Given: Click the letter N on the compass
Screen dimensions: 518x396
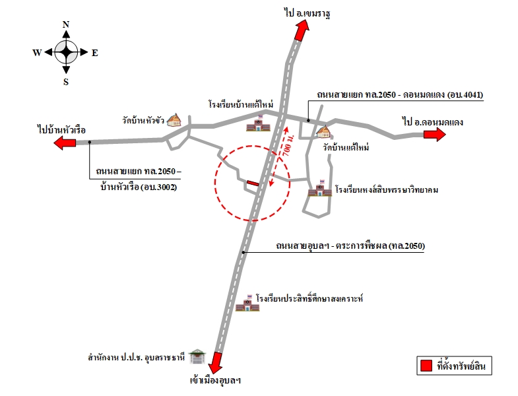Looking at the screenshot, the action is pos(66,24).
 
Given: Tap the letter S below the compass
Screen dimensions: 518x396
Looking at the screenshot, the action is pos(66,82).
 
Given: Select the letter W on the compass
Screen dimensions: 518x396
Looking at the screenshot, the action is pos(37,53).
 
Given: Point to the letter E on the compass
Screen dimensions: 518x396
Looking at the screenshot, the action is pos(95,53).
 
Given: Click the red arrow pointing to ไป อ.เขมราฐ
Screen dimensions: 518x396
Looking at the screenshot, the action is pos(302,30).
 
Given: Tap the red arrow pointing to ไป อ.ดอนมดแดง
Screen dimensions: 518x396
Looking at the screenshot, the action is pos(435,134).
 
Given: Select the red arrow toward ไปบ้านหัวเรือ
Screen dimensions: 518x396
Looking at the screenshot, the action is pos(65,143).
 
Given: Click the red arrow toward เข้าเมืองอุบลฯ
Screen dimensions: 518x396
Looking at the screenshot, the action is pos(215,362).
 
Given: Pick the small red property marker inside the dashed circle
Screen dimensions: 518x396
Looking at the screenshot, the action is pos(253,183).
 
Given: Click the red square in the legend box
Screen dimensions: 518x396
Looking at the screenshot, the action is pos(426,366).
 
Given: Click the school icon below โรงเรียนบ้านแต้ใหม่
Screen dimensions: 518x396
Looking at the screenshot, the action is pos(258,123).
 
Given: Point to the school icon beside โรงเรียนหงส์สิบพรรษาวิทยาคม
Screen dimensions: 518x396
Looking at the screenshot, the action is pos(320,188).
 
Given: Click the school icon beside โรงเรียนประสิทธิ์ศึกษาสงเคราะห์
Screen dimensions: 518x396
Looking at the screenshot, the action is pos(247,302).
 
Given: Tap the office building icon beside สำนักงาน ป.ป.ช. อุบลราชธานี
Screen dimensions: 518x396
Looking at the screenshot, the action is pos(197,356).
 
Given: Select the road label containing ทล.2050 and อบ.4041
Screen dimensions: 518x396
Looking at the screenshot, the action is pos(400,94).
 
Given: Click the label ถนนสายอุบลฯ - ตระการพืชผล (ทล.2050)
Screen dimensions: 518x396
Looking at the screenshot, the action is pos(350,246).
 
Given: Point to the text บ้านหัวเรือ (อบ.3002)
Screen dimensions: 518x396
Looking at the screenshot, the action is pos(139,187).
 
